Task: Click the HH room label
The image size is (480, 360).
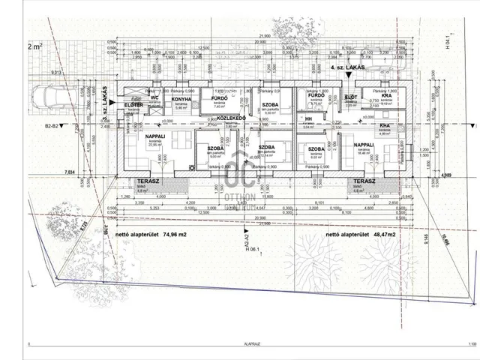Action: tap(307, 118)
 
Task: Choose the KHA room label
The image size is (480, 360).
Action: tap(384, 126)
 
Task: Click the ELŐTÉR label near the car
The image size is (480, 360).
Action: tap(133, 105)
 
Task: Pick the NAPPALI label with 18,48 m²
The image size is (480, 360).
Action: tap(364, 145)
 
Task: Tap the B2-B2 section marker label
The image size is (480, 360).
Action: tap(52, 127)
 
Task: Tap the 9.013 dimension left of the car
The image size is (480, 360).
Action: tap(35, 73)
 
